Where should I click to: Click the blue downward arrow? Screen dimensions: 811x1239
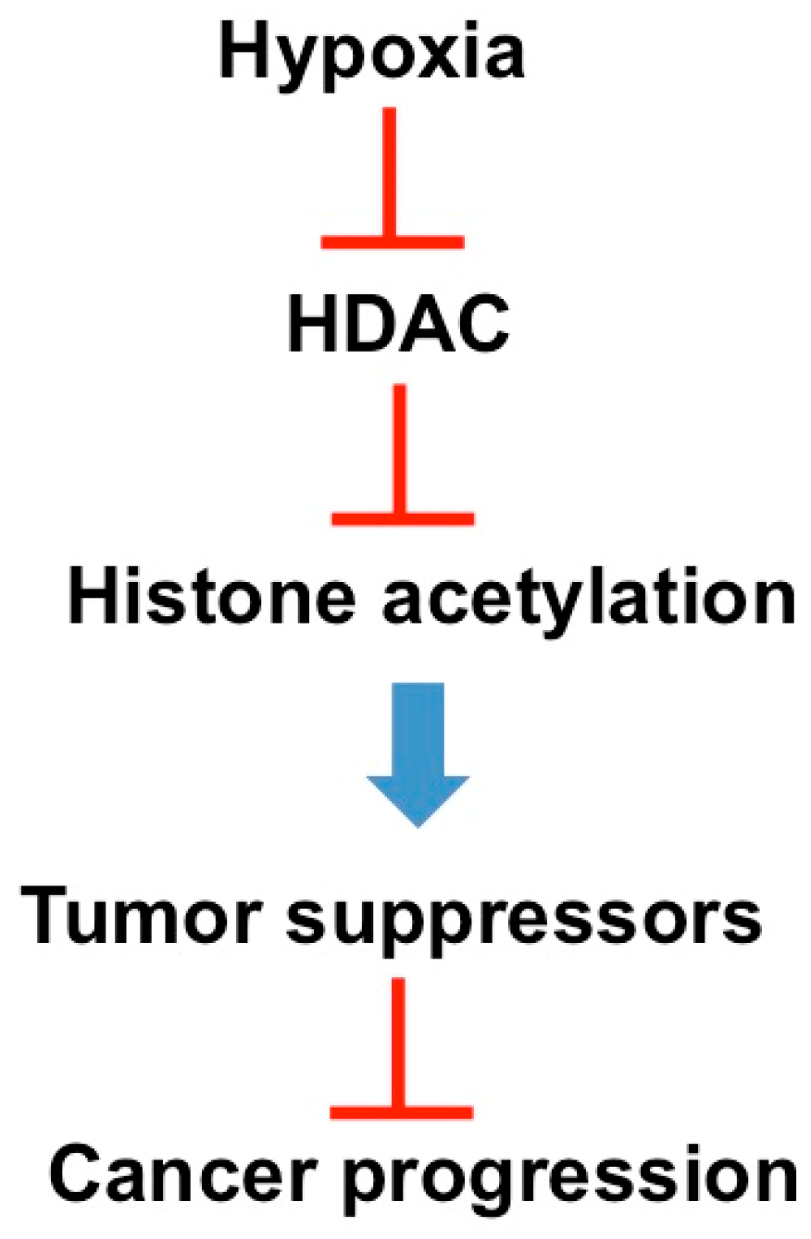click(418, 750)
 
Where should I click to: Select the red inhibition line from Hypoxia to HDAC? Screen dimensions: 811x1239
click(392, 176)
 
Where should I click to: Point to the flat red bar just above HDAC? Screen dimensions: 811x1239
click(392, 242)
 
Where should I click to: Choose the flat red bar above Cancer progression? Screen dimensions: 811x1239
click(402, 1110)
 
